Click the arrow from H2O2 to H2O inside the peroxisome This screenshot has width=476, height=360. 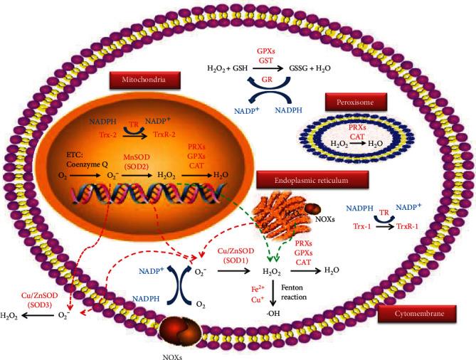click(359, 142)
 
